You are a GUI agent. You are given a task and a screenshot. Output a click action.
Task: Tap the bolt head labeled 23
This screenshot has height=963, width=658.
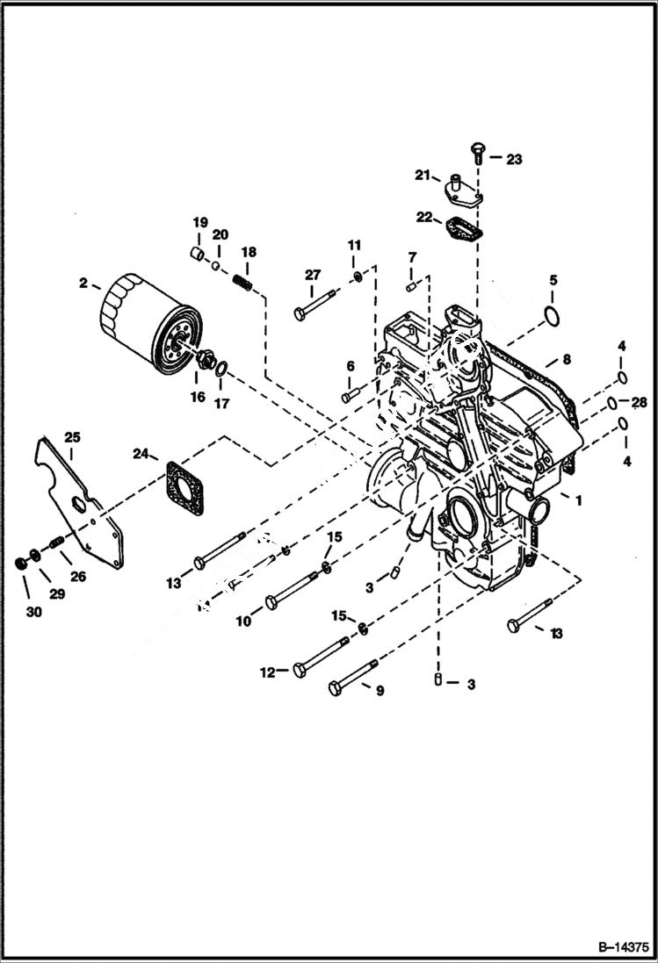(477, 150)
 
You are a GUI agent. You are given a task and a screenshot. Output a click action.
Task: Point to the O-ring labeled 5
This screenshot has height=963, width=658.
(550, 315)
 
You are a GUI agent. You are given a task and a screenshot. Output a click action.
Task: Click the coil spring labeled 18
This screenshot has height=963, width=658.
(243, 284)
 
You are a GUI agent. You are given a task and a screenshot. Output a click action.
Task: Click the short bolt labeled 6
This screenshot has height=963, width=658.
(355, 393)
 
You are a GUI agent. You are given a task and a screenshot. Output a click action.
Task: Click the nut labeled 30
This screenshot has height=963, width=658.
(19, 561)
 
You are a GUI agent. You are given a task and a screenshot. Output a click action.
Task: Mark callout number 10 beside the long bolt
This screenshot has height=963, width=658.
(243, 620)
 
